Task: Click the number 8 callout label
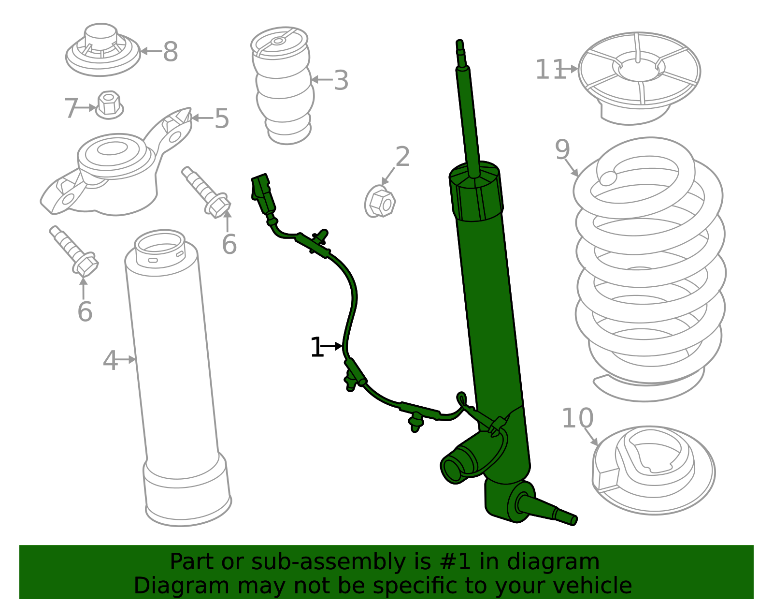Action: (x=170, y=52)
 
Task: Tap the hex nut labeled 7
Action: (x=109, y=104)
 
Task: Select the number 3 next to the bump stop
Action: (x=341, y=80)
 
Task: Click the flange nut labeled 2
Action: (x=380, y=203)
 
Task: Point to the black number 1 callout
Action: (x=316, y=348)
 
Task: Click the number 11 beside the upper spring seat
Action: (x=550, y=70)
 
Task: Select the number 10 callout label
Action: (x=577, y=418)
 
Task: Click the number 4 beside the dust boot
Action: (x=110, y=361)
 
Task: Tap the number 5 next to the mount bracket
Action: (x=222, y=118)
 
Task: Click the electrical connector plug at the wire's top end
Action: (x=263, y=193)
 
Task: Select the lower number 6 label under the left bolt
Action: (x=85, y=311)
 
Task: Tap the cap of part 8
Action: (x=101, y=36)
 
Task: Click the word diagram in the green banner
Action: (x=570, y=562)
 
